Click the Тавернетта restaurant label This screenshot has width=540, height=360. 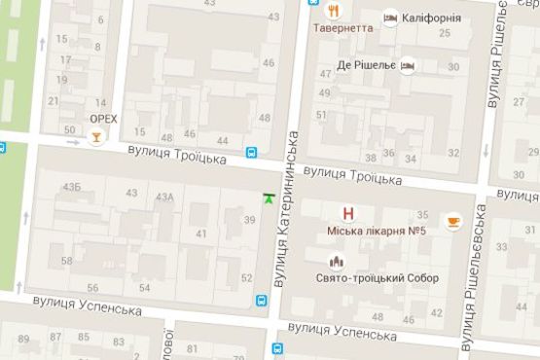pos(342,28)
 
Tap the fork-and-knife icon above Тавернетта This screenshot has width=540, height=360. pos(334,12)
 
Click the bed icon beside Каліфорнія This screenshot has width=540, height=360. pos(390,18)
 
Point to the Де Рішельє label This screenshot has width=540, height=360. pos(367,65)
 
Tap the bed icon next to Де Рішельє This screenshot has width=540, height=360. pos(410,65)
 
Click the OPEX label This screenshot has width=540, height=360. pos(102,119)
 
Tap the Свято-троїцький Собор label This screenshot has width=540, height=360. pos(378,278)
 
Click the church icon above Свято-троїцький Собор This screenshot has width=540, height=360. pos(337,262)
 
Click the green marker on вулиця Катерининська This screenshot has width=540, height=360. pos(269,198)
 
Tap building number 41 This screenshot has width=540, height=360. pos(201,234)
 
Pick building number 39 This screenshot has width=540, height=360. pos(250,220)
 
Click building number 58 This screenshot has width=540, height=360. pos(66,261)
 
